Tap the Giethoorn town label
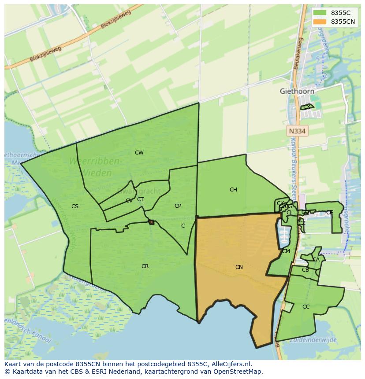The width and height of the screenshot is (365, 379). pos(297,91)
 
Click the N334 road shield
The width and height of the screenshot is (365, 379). pos(297,131)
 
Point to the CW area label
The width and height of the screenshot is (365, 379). pos(139,153)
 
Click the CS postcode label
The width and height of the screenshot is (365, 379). pos(75,206)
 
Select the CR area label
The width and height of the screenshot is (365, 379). pos(145,266)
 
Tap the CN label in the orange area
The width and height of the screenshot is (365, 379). pos(239,267)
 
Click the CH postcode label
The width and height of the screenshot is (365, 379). pos(233,190)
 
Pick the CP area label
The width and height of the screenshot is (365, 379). pos(178,206)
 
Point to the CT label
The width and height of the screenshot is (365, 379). pos(140,199)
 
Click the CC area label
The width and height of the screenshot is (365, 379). pos(306,307)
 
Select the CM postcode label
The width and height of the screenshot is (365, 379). pos(286,251)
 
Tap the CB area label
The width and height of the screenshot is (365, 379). pos(305,270)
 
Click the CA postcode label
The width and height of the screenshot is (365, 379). pos(316,260)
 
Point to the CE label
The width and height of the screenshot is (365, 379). pos(329,213)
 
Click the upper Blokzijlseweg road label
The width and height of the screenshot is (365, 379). pos(115,19)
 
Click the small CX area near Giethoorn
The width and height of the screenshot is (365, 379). pos(307,107)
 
